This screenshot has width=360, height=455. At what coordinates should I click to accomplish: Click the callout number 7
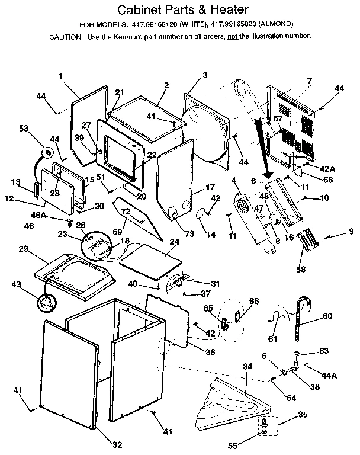[x=308, y=81]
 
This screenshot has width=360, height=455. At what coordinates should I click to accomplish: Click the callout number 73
[x=189, y=235]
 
